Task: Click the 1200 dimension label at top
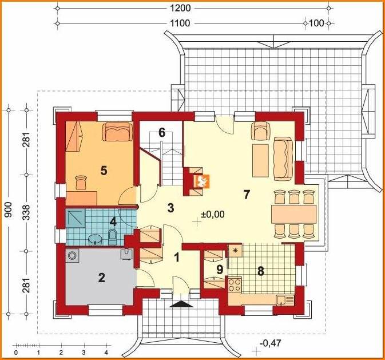tap(180, 8)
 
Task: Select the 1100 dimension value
tap(180, 23)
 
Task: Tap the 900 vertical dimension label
tap(9, 209)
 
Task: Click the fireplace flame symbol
tap(201, 181)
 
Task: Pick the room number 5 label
tap(104, 171)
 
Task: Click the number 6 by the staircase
tap(161, 133)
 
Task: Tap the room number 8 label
tap(260, 271)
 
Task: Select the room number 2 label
tap(101, 278)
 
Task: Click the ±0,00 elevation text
tap(213, 214)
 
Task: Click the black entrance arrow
tap(181, 304)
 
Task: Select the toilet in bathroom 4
tap(112, 238)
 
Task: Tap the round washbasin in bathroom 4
tap(95, 240)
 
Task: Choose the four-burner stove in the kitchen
tap(235, 285)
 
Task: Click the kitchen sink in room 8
tap(285, 300)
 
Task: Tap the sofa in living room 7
tap(284, 159)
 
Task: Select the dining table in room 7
tap(293, 214)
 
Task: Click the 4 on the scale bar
tap(106, 353)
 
